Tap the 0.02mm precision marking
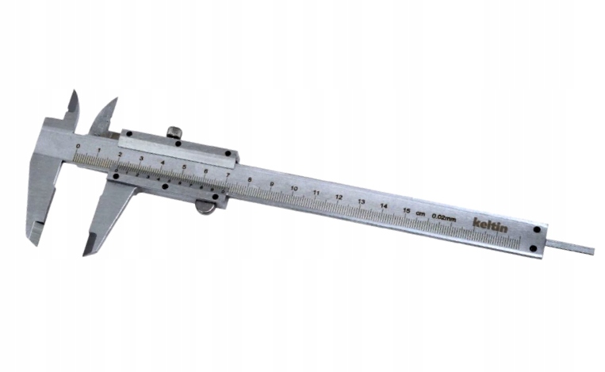pyautogui.click(x=442, y=217)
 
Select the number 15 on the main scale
pyautogui.click(x=406, y=209)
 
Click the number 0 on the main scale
pyautogui.click(x=77, y=146)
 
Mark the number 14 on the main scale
pyautogui.click(x=384, y=205)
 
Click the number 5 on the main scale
pyautogui.click(x=184, y=167)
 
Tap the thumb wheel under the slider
pyautogui.click(x=205, y=208)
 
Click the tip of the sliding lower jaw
pyautogui.click(x=86, y=253)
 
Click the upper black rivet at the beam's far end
pyautogui.click(x=538, y=229)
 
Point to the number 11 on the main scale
pyautogui.click(x=316, y=193)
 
